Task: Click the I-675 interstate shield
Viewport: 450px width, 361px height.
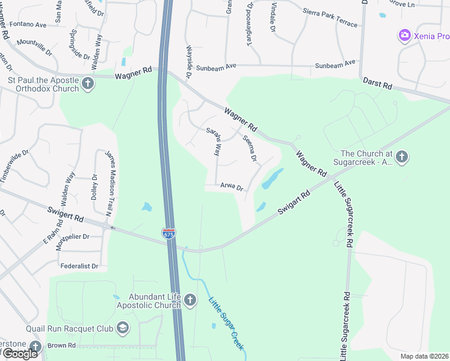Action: pyautogui.click(x=168, y=233)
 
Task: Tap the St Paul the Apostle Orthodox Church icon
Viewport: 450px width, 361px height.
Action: pyautogui.click(x=88, y=84)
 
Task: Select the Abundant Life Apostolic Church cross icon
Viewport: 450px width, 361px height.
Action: pyautogui.click(x=190, y=300)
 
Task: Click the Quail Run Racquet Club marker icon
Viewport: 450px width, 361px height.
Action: pyautogui.click(x=123, y=328)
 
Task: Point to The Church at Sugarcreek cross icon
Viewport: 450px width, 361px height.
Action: pyautogui.click(x=402, y=157)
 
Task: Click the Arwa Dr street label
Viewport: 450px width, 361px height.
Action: pyautogui.click(x=232, y=187)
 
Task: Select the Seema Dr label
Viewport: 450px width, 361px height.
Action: pyautogui.click(x=250, y=149)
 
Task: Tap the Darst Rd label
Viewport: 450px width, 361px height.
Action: pyautogui.click(x=377, y=84)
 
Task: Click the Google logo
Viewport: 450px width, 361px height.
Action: pyautogui.click(x=19, y=353)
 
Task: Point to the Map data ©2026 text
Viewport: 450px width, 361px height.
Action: pyautogui.click(x=424, y=356)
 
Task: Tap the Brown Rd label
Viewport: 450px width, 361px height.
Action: pyautogui.click(x=62, y=345)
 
